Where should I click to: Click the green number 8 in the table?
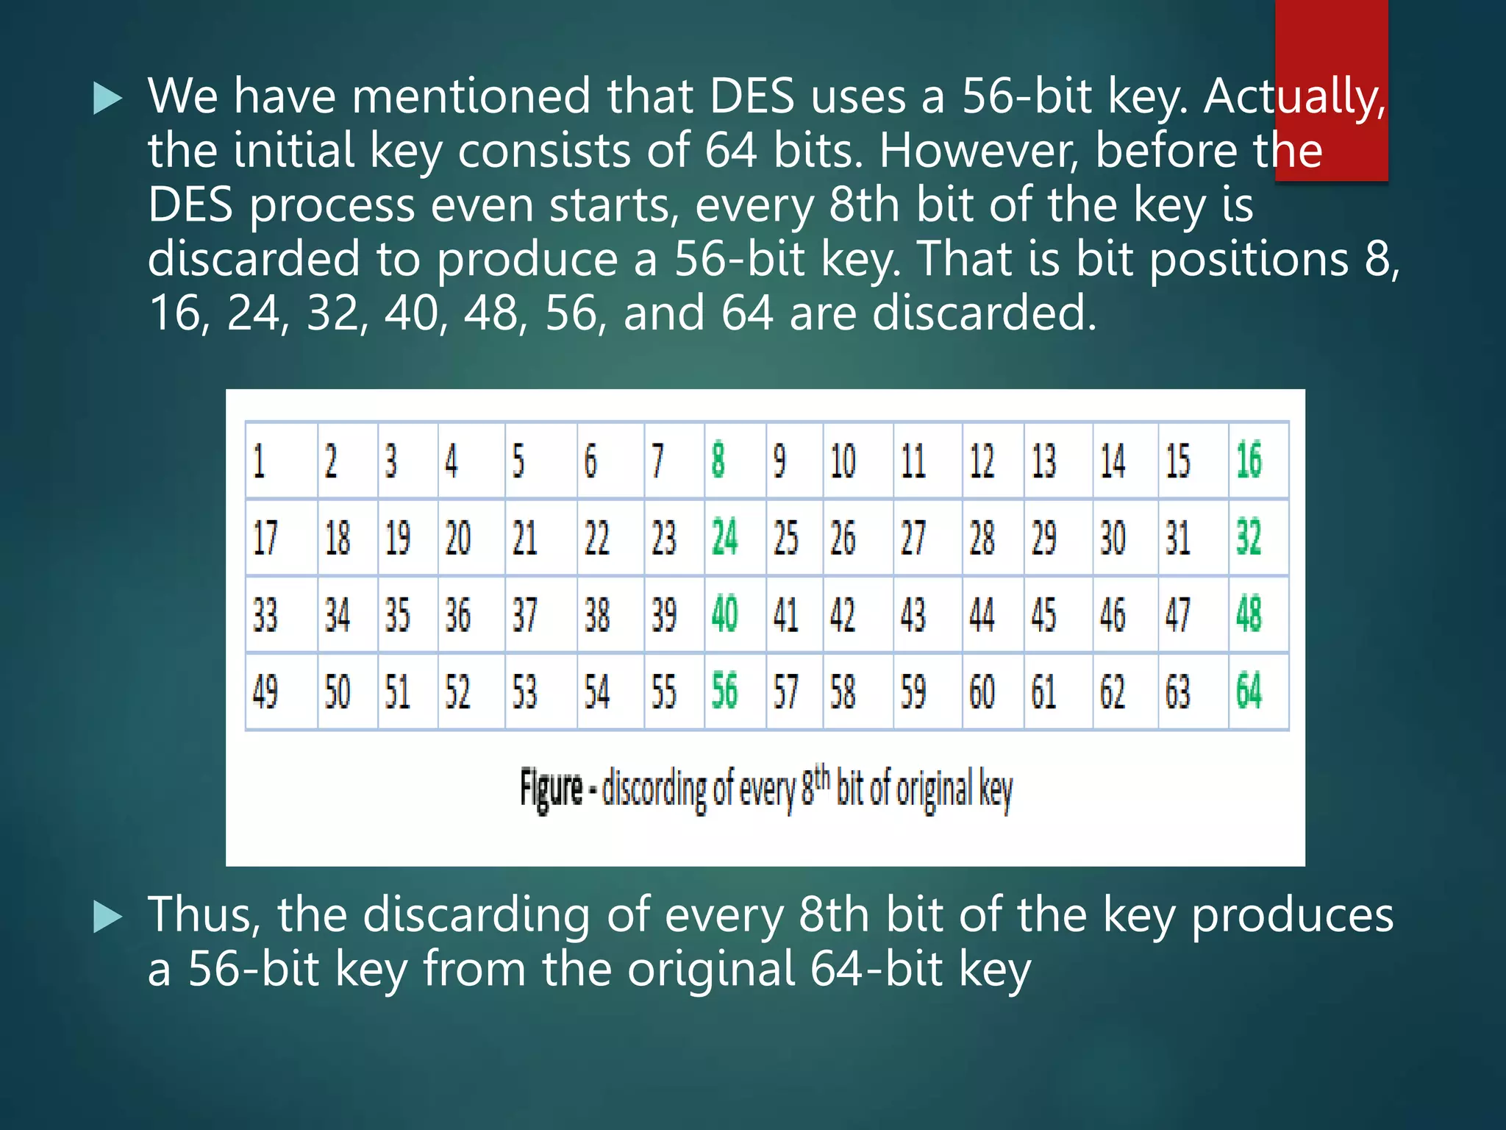tap(718, 461)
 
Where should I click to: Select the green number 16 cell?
tap(1249, 461)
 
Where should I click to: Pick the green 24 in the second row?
tap(724, 538)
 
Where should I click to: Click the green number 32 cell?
tap(1249, 538)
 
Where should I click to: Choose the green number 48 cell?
tap(1249, 614)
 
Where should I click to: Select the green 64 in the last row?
tap(1249, 692)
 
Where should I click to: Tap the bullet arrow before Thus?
tap(108, 917)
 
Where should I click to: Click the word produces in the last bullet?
tap(1292, 917)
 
